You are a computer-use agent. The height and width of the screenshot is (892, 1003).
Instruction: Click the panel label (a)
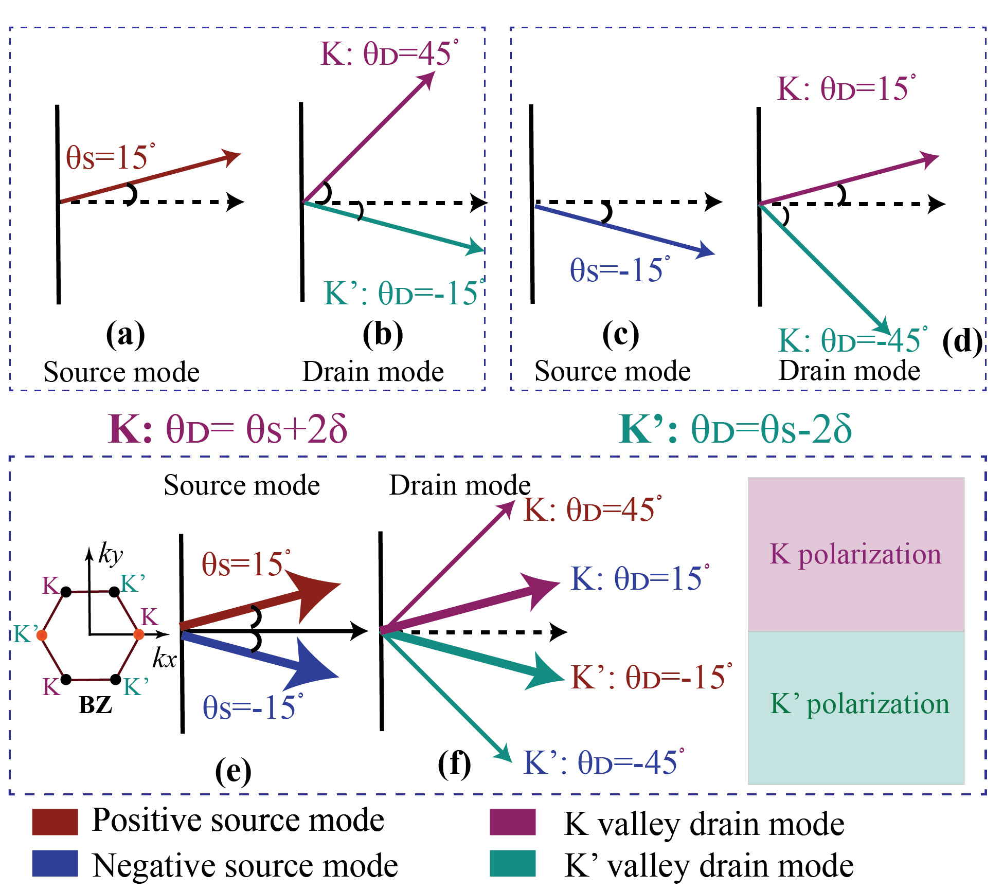click(125, 335)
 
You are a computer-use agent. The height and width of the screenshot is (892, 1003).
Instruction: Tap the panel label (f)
click(454, 764)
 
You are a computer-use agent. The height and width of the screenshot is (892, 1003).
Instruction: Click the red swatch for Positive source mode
click(55, 821)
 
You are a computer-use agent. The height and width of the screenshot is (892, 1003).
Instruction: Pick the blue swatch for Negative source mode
click(55, 863)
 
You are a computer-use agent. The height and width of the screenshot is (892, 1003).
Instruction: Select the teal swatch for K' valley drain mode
click(512, 863)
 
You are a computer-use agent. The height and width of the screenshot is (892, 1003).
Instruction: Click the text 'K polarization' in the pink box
click(855, 554)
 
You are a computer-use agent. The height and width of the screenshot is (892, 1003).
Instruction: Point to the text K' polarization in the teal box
click(859, 703)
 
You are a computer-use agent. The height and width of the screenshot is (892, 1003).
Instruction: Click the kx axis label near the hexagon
click(165, 659)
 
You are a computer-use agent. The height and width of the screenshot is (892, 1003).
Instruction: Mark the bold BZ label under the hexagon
click(96, 705)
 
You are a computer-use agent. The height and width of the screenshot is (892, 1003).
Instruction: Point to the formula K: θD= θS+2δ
click(228, 429)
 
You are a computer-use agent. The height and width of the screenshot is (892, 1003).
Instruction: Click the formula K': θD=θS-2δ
click(736, 429)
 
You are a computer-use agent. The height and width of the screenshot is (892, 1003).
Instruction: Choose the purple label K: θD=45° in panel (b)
click(389, 53)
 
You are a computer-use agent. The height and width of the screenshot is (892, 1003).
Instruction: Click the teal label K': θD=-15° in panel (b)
click(404, 294)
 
